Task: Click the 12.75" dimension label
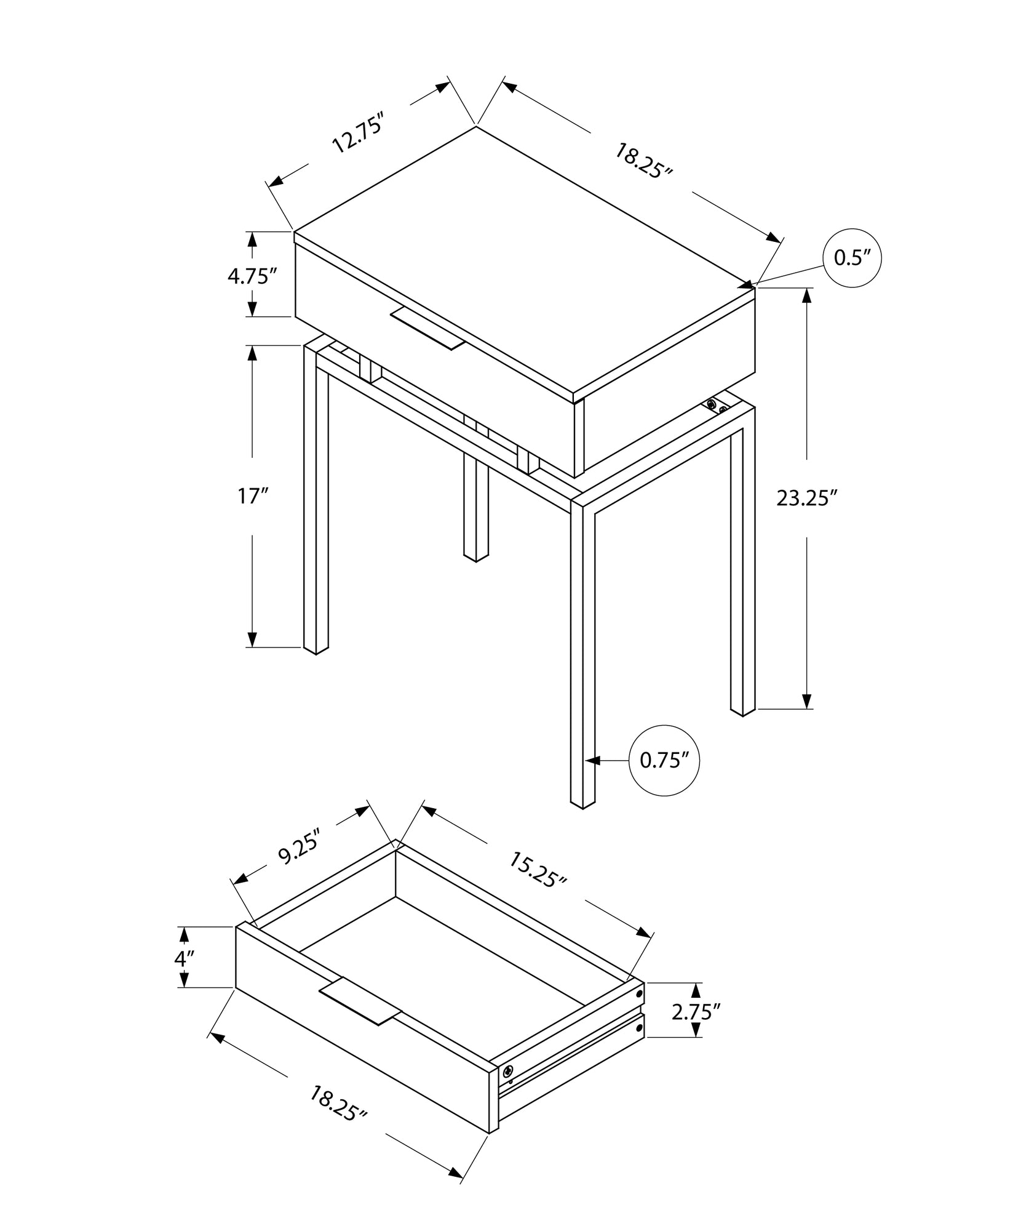tap(358, 133)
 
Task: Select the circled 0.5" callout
tap(852, 259)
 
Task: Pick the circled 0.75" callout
tap(665, 761)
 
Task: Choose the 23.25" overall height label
tap(807, 498)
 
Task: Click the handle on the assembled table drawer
tap(427, 329)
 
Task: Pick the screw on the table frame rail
tap(712, 404)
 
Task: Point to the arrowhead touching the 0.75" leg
tap(592, 761)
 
